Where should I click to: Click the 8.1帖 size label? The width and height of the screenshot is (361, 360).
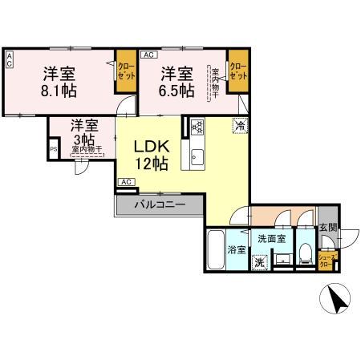point(59,91)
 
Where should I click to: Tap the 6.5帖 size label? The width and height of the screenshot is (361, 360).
point(176,91)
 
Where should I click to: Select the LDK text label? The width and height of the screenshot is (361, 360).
point(150,148)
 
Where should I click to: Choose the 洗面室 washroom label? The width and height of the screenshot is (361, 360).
point(271,238)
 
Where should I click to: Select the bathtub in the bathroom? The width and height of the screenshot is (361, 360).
point(216,252)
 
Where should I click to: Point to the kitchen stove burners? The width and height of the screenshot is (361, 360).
point(198,127)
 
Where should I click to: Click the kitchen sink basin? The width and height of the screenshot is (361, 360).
point(197,154)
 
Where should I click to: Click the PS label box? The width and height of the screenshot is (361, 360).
point(54,149)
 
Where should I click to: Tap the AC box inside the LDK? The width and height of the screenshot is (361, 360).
point(125,182)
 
